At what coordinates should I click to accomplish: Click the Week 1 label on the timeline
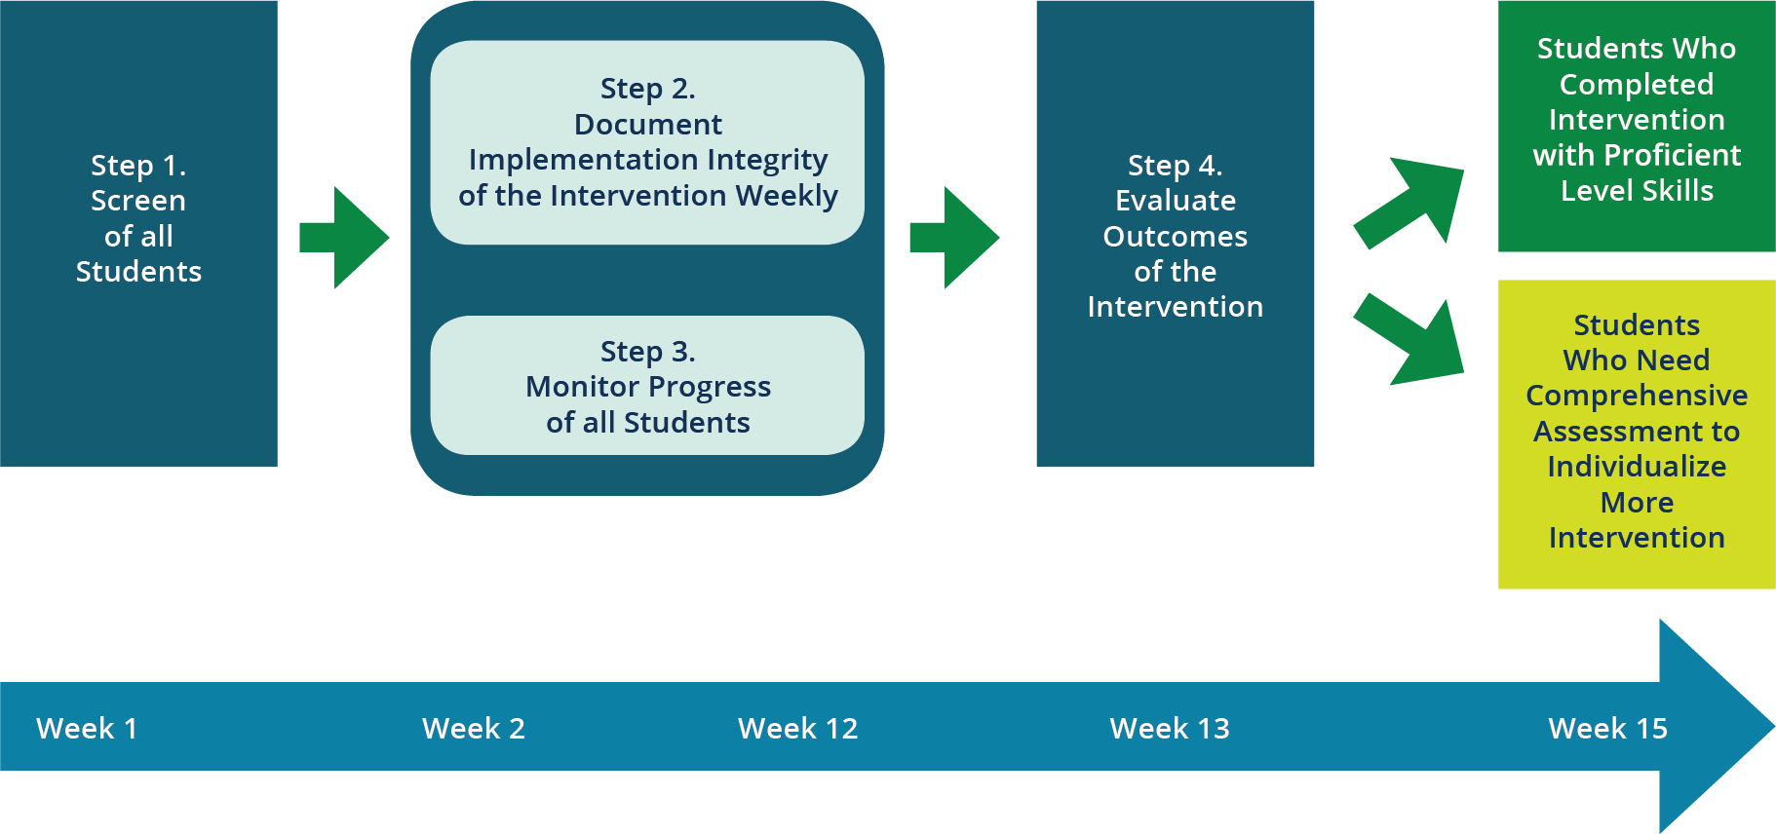coord(87,728)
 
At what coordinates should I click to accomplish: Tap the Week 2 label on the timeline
coord(474,728)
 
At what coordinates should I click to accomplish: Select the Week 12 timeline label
coord(798,728)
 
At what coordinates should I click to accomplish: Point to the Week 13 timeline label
coord(1170,728)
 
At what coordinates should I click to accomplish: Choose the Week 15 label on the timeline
coord(1608,728)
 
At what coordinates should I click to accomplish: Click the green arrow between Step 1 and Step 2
coord(345,238)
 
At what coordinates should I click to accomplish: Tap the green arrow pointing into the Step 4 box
coord(954,238)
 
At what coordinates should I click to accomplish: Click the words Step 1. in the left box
coord(138,166)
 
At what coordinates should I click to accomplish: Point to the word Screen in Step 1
coord(138,201)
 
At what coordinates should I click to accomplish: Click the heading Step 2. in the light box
coord(648,89)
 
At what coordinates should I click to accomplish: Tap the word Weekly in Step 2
coord(787,196)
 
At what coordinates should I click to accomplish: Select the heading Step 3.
coord(648,352)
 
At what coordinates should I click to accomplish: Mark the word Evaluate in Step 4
coord(1176,201)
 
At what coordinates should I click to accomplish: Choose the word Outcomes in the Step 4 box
coord(1176,237)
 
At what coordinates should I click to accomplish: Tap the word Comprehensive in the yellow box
coord(1637,396)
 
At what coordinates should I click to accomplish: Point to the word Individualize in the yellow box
coord(1637,467)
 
